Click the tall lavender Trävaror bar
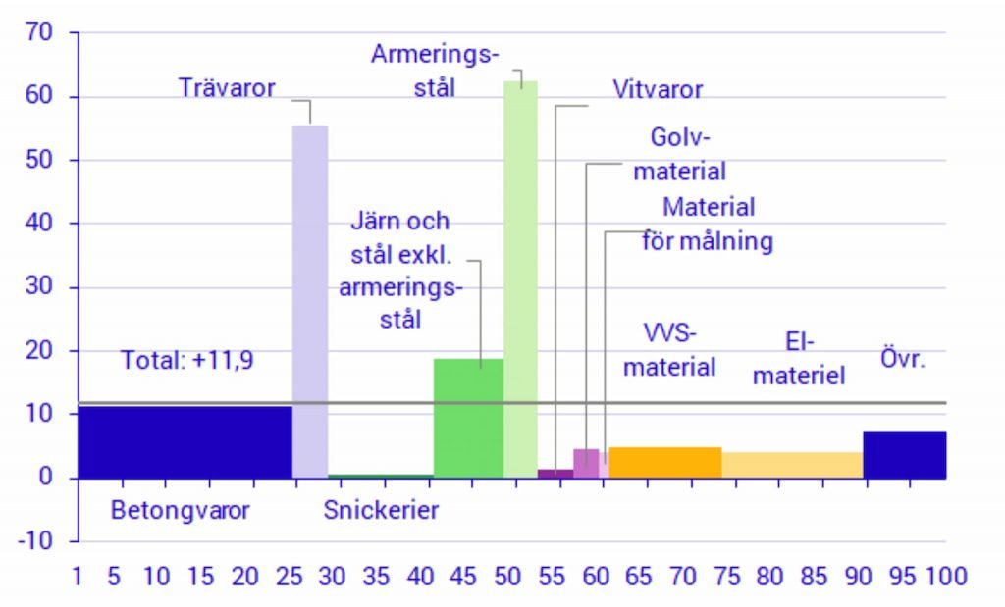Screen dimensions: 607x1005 click(x=310, y=294)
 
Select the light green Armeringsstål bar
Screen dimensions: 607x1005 click(x=520, y=275)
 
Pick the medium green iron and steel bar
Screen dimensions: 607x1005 click(x=468, y=417)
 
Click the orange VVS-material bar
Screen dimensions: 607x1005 click(x=664, y=462)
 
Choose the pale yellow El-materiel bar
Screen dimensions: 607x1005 click(x=792, y=465)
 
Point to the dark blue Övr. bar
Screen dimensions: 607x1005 click(x=904, y=454)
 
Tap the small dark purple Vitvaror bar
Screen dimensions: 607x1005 click(x=555, y=474)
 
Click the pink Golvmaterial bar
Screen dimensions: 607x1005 click(x=586, y=463)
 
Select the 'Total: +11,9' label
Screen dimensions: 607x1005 click(x=186, y=360)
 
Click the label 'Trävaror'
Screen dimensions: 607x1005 click(x=227, y=88)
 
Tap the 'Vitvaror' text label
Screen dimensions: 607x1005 click(x=658, y=90)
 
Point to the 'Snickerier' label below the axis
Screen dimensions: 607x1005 click(x=381, y=510)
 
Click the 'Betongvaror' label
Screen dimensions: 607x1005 click(x=180, y=510)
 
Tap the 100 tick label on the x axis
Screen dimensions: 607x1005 click(x=944, y=576)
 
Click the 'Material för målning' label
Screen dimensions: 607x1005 click(x=708, y=225)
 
